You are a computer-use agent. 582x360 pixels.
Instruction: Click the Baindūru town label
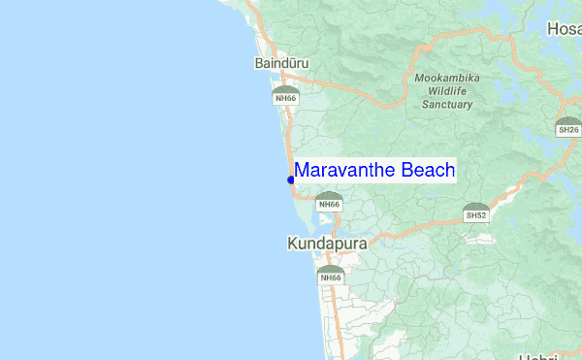tap(281, 63)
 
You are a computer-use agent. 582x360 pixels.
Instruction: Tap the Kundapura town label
tap(328, 245)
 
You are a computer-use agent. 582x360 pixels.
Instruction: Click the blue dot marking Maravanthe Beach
tap(291, 180)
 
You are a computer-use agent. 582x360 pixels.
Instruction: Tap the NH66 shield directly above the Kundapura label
tap(330, 202)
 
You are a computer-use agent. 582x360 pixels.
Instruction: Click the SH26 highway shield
tap(568, 127)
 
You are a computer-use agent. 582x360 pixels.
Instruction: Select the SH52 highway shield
tap(476, 213)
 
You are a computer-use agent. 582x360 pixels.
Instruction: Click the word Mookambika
tap(446, 78)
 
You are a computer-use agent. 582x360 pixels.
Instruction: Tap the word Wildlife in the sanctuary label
tap(447, 90)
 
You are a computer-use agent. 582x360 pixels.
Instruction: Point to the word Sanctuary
tap(447, 103)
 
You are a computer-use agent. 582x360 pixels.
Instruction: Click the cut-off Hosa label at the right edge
tap(565, 29)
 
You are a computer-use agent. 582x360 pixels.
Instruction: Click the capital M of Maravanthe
tap(302, 171)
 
